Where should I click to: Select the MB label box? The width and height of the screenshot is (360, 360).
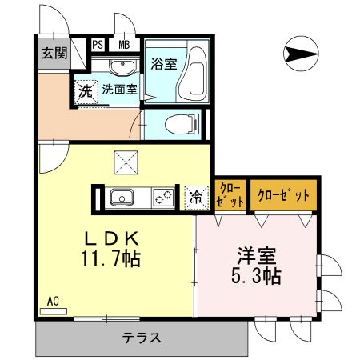click(x=125, y=45)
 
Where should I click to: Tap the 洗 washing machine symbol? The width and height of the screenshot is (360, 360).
click(x=85, y=90)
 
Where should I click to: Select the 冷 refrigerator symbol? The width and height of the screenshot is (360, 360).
click(x=194, y=198)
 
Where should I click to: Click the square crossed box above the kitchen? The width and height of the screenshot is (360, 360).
click(x=125, y=163)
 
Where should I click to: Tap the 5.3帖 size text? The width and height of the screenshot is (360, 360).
click(x=257, y=277)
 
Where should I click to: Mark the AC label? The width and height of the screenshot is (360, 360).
click(x=53, y=301)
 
